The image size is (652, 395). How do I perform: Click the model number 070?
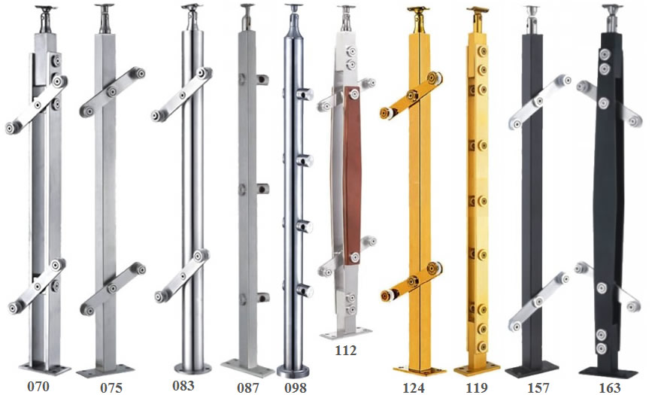coord(38,386)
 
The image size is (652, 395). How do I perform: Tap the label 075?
coord(111,387)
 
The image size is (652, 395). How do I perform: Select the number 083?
coord(183,385)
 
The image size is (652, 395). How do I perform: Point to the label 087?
coord(248,387)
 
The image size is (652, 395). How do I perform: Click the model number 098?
coord(296,387)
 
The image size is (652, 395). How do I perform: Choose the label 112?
coord(345,351)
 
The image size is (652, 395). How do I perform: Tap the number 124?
coord(414,387)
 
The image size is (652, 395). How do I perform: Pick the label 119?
coord(477,387)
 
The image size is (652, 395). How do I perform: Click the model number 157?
coord(538,387)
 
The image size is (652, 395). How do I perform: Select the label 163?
coord(610,387)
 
